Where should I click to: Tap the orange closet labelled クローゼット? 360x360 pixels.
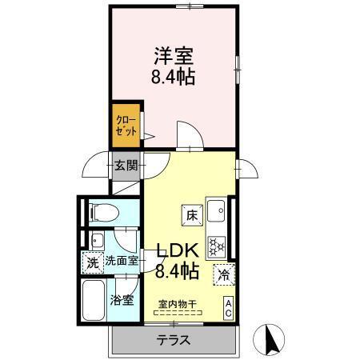pyautogui.click(x=127, y=126)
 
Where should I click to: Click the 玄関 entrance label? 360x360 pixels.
pyautogui.click(x=126, y=166)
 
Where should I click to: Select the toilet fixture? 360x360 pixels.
pyautogui.click(x=102, y=212)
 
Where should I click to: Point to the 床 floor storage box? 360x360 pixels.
pyautogui.click(x=191, y=214)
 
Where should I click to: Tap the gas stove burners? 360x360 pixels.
pyautogui.click(x=216, y=244)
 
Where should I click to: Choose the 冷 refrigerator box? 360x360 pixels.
pyautogui.click(x=224, y=273)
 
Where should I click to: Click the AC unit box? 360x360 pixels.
pyautogui.click(x=228, y=307)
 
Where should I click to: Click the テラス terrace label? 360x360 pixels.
pyautogui.click(x=172, y=340)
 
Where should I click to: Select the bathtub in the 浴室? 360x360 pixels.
pyautogui.click(x=95, y=302)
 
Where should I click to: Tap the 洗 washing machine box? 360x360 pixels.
pyautogui.click(x=92, y=261)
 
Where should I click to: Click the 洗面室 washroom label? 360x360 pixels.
pyautogui.click(x=122, y=261)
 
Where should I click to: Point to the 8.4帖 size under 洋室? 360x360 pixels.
pyautogui.click(x=173, y=78)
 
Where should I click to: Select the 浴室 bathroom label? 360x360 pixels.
pyautogui.click(x=123, y=302)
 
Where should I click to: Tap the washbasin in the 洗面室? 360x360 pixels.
pyautogui.click(x=98, y=240)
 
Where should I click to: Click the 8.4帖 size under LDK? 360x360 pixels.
pyautogui.click(x=176, y=271)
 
